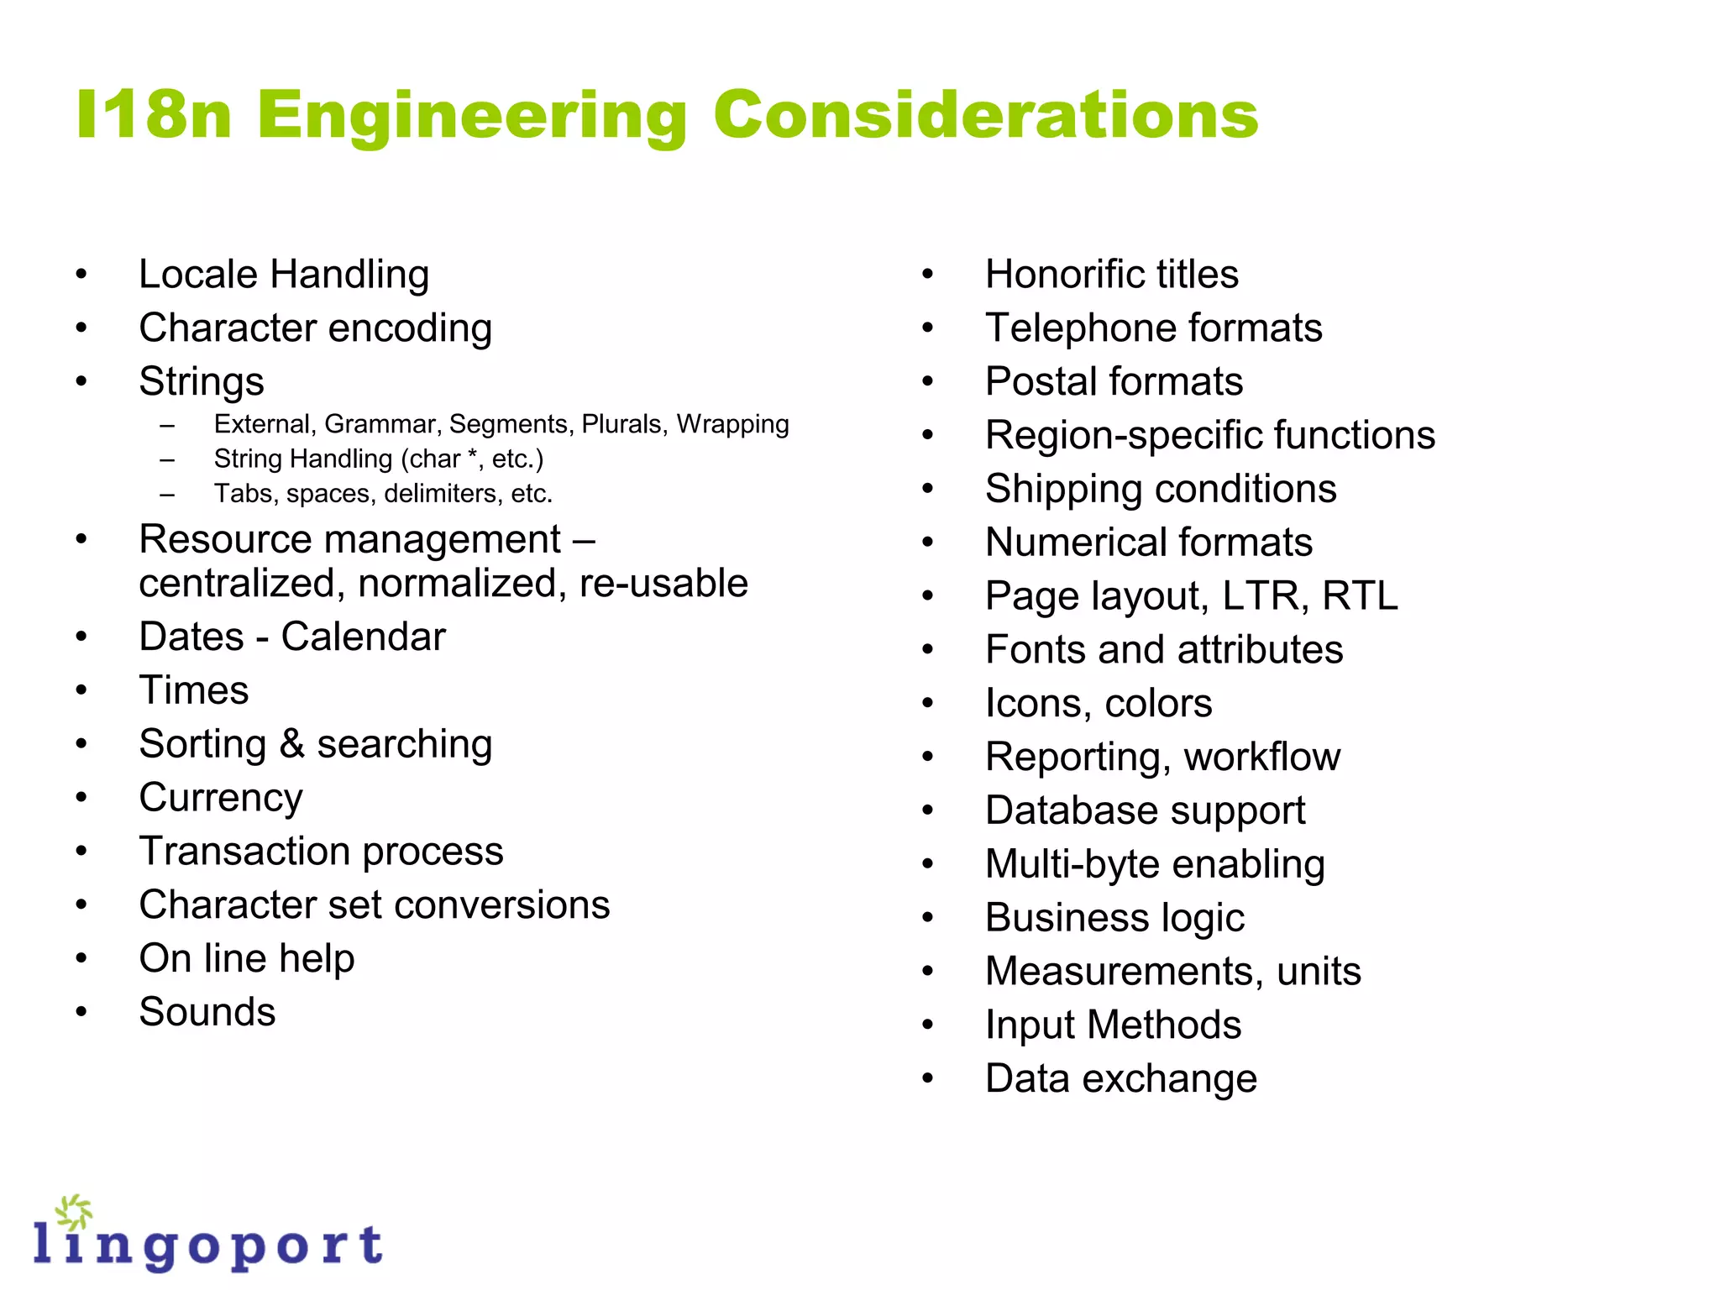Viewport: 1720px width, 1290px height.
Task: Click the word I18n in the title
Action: [x=154, y=114]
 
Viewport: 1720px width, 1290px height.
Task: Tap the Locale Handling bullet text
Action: [x=284, y=275]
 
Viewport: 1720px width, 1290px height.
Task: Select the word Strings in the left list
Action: [x=202, y=382]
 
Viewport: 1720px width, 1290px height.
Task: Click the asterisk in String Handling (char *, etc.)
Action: [x=473, y=457]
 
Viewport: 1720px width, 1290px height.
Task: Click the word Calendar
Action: [x=363, y=637]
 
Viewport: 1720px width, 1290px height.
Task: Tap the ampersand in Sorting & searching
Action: [x=291, y=744]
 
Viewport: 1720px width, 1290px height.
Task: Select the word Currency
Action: [x=221, y=798]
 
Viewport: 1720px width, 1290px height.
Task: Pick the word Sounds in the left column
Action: [x=207, y=1012]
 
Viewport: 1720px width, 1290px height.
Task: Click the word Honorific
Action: [x=1063, y=275]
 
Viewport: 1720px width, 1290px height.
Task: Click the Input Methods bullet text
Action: [x=1113, y=1025]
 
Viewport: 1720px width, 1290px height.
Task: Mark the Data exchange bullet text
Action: [x=1121, y=1079]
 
